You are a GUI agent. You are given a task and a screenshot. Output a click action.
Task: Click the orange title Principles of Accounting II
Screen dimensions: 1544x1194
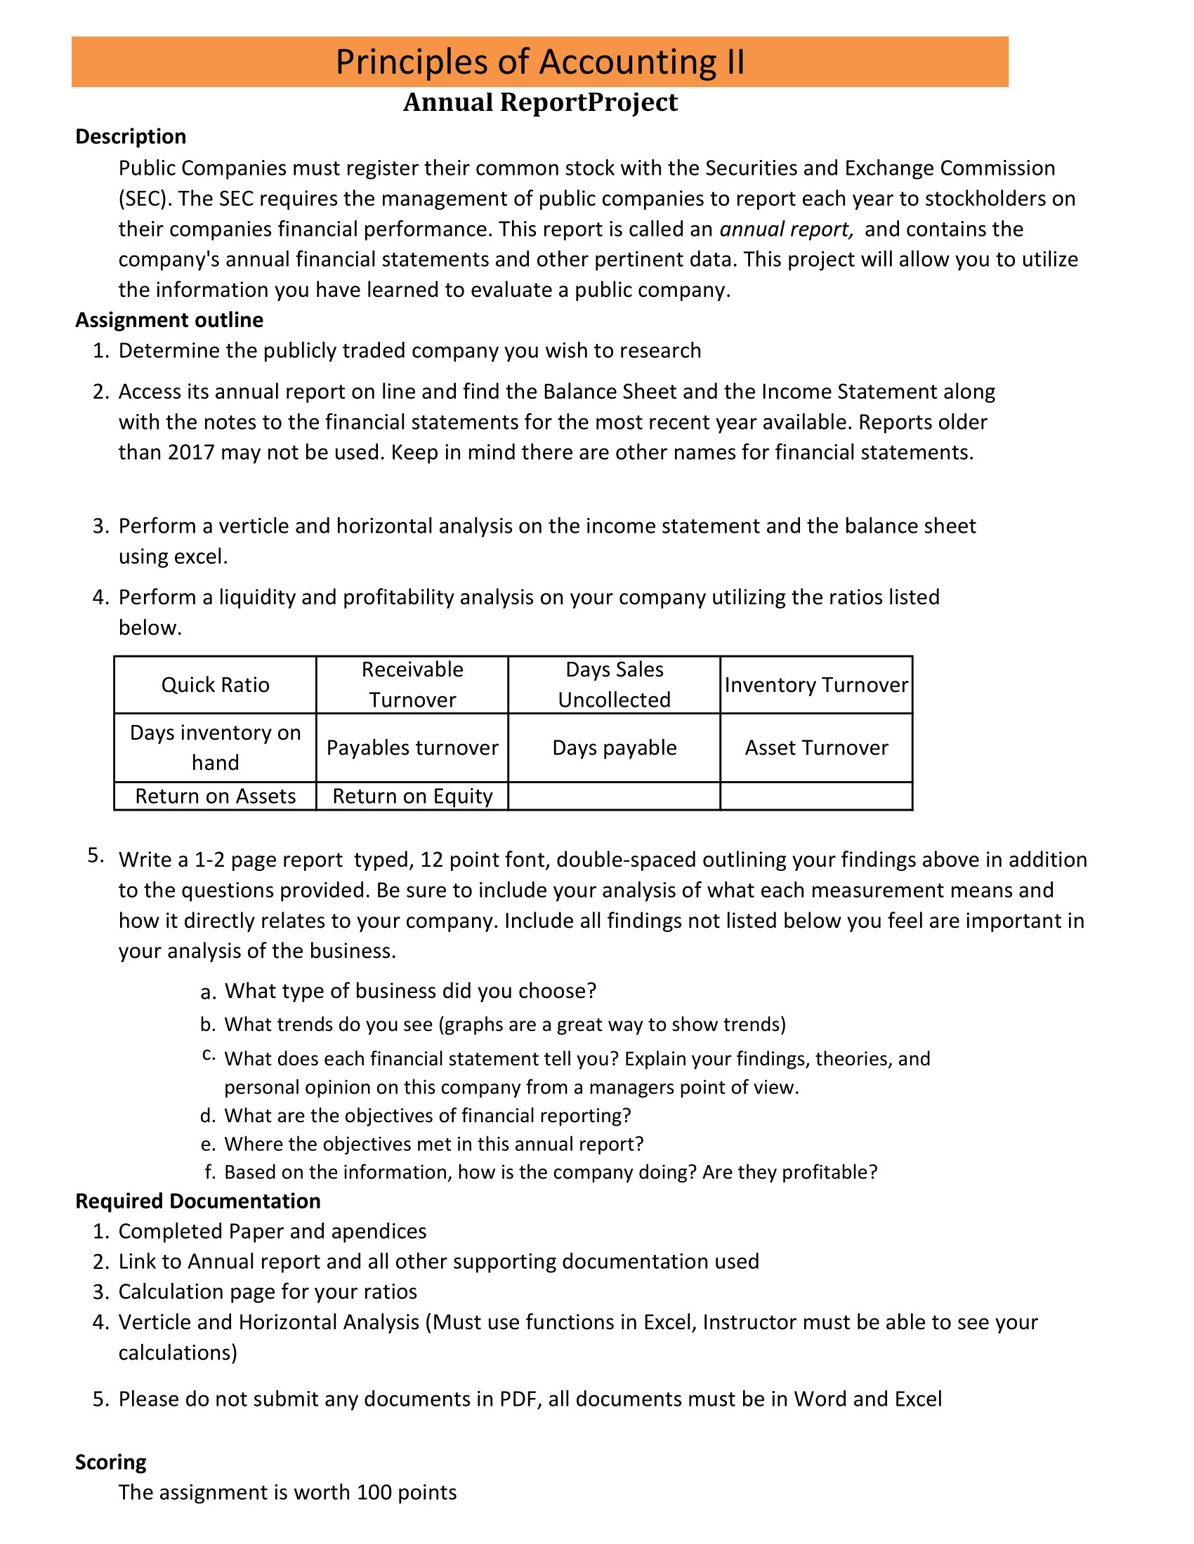539,62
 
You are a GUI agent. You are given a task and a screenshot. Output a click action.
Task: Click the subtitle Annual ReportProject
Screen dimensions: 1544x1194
539,102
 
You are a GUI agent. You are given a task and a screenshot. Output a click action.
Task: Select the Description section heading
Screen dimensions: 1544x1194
131,136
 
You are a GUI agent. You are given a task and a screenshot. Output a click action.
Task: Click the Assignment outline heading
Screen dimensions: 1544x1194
169,320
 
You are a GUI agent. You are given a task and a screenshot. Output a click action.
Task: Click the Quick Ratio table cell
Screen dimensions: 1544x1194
215,685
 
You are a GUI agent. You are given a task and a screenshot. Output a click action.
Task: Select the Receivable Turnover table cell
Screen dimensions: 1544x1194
412,684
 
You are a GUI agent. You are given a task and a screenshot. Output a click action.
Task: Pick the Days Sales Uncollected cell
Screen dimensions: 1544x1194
614,684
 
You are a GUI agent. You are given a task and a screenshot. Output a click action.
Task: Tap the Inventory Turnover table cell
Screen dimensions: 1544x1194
816,685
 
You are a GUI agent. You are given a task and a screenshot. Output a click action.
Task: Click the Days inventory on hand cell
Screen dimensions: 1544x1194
215,747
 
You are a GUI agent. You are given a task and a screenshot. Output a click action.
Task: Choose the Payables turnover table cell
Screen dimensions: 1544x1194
412,748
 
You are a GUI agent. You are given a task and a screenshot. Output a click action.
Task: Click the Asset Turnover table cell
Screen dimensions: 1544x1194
816,748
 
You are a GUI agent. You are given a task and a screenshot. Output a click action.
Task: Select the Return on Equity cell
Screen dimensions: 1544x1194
412,796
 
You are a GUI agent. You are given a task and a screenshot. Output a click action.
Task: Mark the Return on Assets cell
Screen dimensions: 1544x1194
215,796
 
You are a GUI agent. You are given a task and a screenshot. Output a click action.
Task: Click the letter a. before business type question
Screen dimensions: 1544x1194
207,992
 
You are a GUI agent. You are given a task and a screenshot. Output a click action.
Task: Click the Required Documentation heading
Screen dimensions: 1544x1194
198,1201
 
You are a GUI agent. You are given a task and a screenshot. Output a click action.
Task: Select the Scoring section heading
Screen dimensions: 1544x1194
111,1462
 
